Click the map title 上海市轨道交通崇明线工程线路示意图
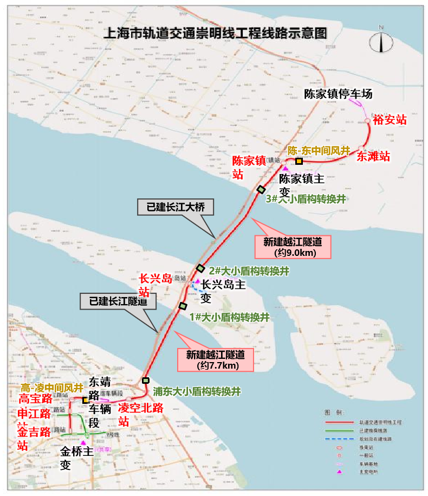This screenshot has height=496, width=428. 215,33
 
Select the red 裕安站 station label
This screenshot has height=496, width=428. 390,120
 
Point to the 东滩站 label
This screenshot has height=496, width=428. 373,157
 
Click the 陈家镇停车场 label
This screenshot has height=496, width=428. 338,94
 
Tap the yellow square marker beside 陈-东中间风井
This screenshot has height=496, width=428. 299,161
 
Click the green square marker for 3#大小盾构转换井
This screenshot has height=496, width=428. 261,189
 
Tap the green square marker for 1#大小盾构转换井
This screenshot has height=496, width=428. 183,306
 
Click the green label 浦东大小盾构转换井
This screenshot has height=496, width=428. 196,390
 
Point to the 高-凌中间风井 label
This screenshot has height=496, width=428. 52,388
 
